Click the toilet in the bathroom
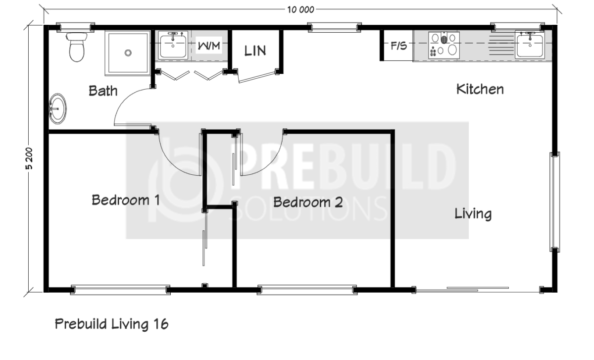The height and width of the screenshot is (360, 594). pos(76,47)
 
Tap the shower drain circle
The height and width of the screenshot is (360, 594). pos(128,53)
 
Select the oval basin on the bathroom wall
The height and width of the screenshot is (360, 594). pos(57,108)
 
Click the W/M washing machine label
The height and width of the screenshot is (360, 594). pos(209,46)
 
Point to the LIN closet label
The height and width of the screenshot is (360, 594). pos(255,51)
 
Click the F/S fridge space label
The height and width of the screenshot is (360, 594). pos(398,46)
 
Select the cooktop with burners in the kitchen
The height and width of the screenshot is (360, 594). pos(444,45)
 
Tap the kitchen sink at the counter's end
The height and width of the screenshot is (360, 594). pos(530,45)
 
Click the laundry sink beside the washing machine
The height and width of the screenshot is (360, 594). pos(173,45)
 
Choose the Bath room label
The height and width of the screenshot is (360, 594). pos(103,91)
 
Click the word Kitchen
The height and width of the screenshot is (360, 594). pos(480,89)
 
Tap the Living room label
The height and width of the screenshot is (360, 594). pos(473,214)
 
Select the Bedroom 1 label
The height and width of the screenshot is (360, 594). pos(126,200)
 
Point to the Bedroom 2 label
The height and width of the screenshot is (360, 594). pos(308,202)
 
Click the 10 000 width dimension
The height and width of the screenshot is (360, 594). pos(301,10)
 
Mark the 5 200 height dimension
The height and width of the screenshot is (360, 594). pos(29,158)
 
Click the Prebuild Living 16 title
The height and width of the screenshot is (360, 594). pos(112,324)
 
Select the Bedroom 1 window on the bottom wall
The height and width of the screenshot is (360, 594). pos(120,290)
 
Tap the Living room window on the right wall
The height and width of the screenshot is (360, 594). pos(555,202)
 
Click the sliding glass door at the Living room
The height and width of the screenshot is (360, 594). pos(477,290)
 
